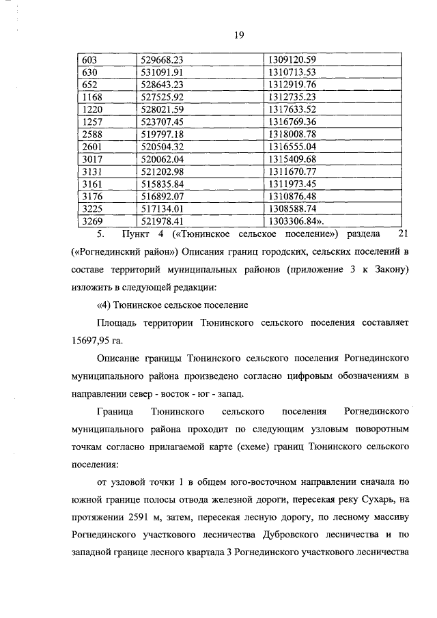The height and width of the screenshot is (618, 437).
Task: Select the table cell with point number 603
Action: pos(89,60)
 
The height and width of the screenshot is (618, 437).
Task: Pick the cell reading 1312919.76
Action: pos(293,85)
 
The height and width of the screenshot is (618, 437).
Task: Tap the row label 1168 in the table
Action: pos(91,97)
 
